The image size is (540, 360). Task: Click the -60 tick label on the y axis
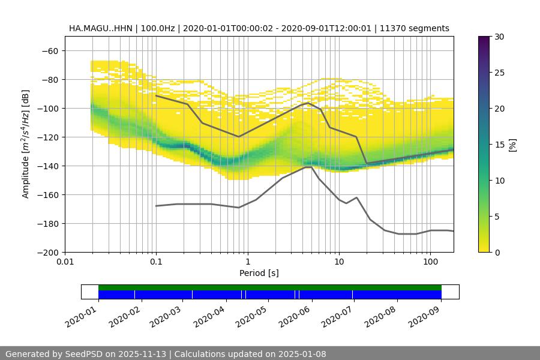point(50,50)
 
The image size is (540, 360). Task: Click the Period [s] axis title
point(259,273)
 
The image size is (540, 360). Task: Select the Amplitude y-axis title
point(26,144)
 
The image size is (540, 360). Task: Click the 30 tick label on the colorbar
point(499,37)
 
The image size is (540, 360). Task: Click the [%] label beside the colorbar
point(512,144)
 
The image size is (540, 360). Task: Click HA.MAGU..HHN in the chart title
point(100,28)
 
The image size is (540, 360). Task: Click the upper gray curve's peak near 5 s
point(308,103)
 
